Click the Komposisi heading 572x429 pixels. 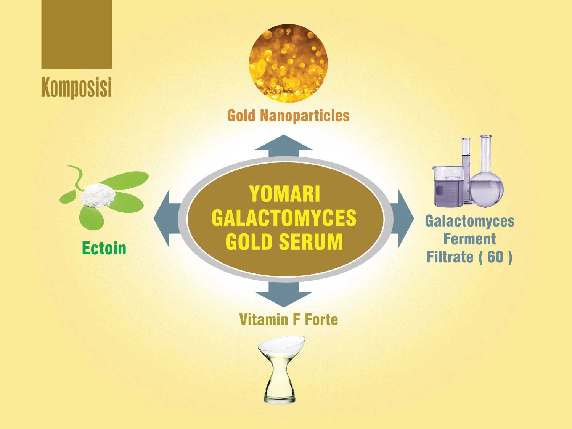(x=76, y=87)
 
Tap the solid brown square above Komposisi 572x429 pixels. (x=77, y=34)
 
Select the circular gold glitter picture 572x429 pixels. (x=288, y=64)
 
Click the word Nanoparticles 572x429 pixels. (x=305, y=116)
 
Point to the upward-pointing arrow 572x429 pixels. (x=284, y=146)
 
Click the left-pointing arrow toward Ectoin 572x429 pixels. (x=167, y=218)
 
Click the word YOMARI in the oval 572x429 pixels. (x=284, y=194)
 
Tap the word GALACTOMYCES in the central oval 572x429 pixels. (x=284, y=218)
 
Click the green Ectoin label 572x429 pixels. (x=104, y=248)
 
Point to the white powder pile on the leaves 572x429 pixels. (x=98, y=195)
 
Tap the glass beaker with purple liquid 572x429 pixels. (x=449, y=186)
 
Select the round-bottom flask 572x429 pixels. (x=487, y=172)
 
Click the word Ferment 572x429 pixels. (x=469, y=239)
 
